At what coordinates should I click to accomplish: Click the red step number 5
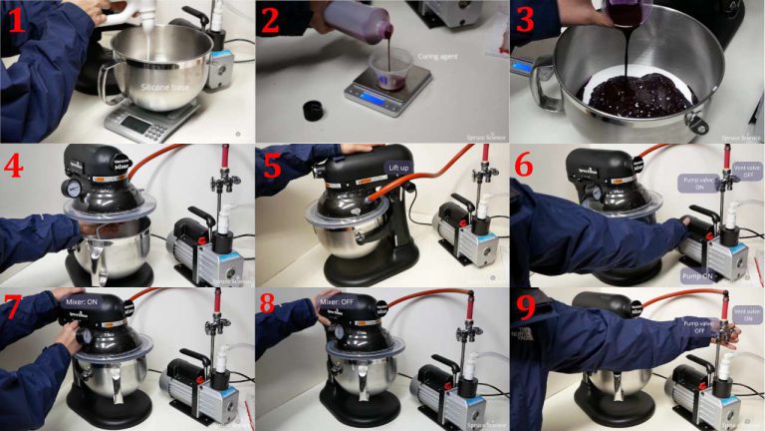coord(272,166)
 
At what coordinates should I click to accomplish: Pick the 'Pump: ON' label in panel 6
coord(699,272)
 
